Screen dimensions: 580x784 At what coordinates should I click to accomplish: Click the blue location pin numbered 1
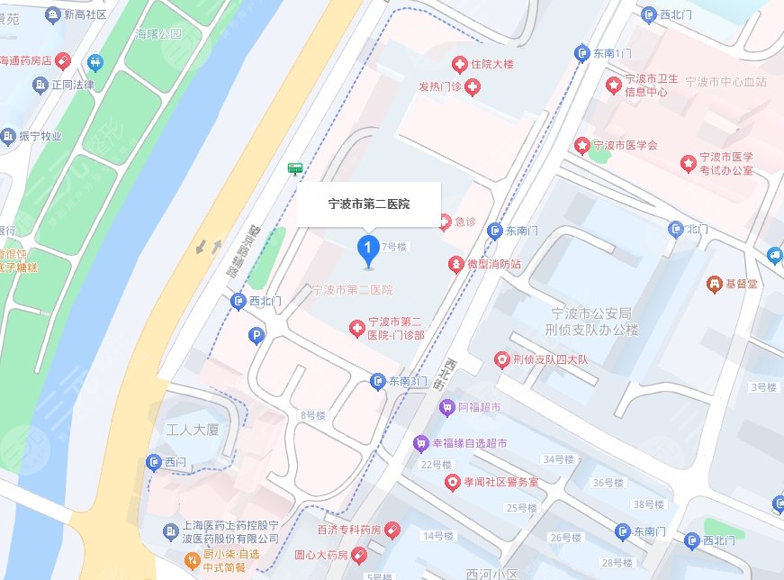click(x=367, y=248)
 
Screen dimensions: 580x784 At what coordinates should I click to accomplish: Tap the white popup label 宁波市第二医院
click(x=368, y=204)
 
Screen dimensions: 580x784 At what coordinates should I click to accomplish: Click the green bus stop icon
click(x=294, y=168)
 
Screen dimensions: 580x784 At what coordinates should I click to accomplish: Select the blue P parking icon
click(x=257, y=337)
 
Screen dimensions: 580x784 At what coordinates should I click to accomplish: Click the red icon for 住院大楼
click(x=459, y=64)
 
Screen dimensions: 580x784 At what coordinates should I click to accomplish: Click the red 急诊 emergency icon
click(x=443, y=222)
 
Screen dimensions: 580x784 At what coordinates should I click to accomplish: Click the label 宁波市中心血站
click(x=725, y=82)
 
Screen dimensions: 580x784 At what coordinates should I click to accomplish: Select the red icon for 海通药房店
click(x=62, y=61)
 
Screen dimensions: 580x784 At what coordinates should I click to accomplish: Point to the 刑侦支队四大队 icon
click(x=501, y=360)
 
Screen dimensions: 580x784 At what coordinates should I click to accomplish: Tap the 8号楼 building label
click(x=313, y=415)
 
